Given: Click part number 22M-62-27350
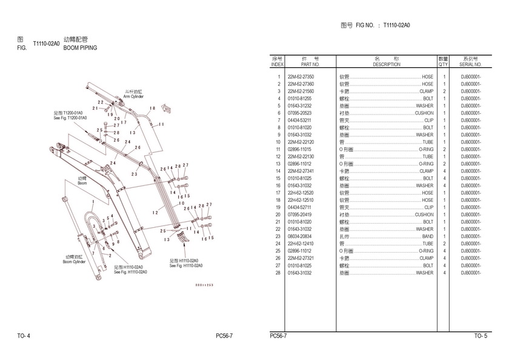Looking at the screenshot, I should (301, 77).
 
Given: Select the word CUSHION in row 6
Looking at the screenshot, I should (424, 113).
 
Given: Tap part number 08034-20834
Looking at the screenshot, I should (301, 236).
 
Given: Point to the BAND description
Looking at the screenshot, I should (428, 236).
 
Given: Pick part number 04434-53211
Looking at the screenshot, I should (301, 121).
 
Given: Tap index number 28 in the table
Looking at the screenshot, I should (278, 273).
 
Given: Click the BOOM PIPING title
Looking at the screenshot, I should (80, 47).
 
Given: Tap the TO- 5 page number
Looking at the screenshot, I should (480, 335).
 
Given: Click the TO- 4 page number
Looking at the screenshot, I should (24, 335).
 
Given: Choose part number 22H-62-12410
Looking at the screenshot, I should (301, 244).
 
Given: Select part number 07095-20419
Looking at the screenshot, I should (301, 215).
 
